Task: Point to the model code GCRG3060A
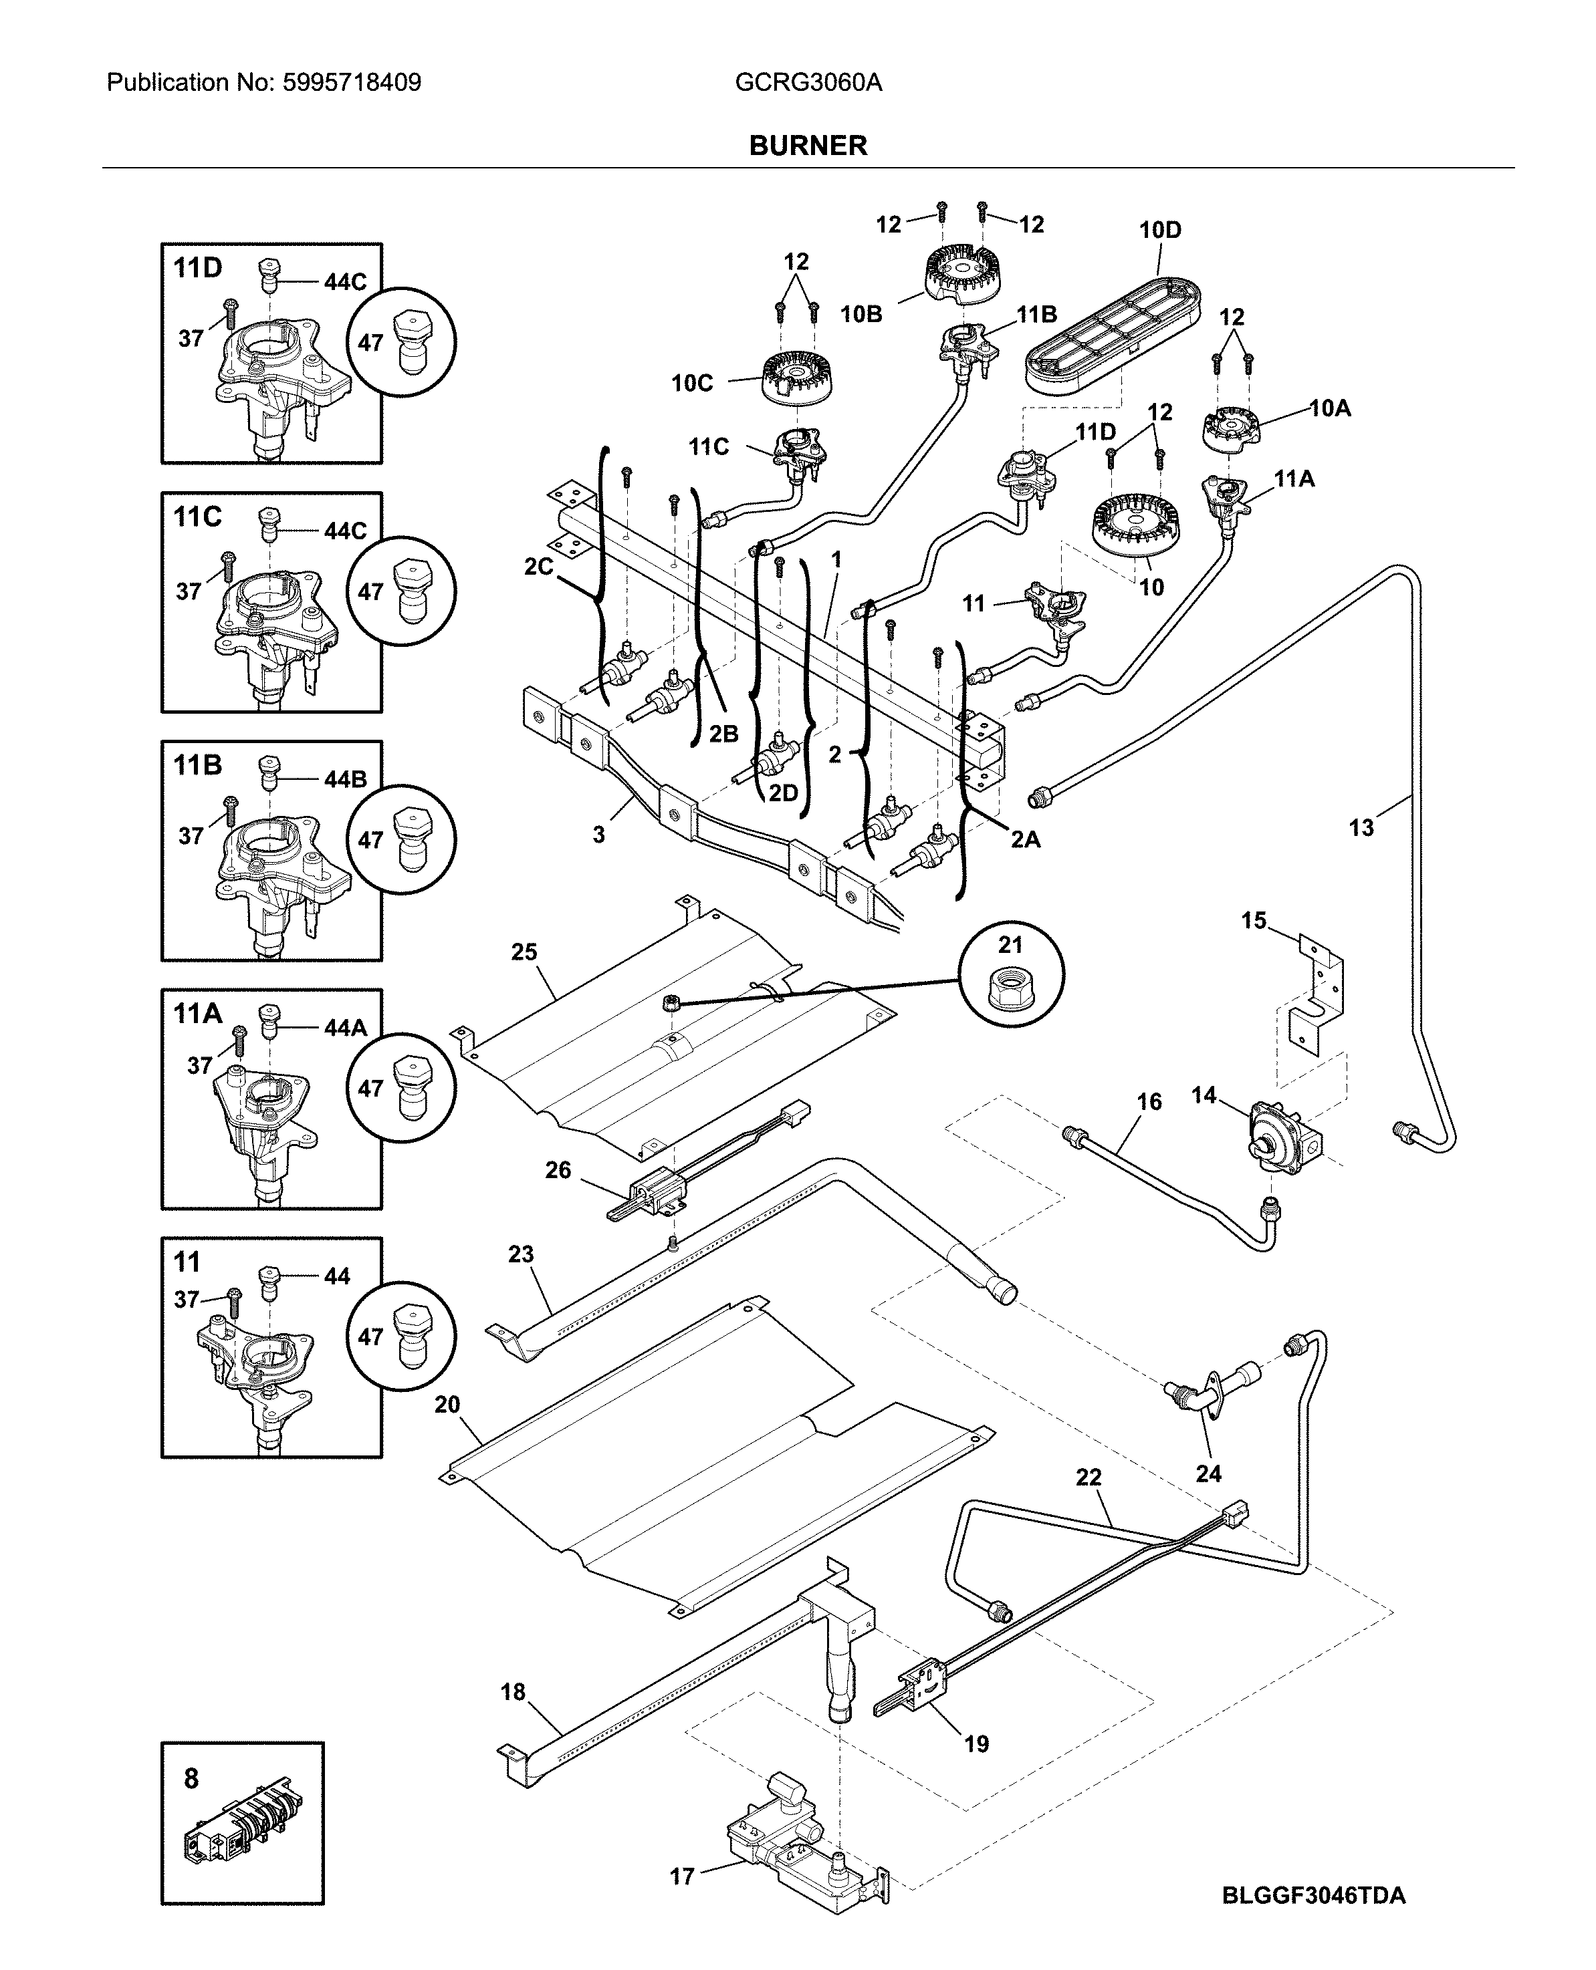pyautogui.click(x=808, y=83)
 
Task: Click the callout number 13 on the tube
pyautogui.click(x=1361, y=828)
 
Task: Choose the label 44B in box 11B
pyautogui.click(x=345, y=780)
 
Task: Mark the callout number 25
pyautogui.click(x=524, y=952)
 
